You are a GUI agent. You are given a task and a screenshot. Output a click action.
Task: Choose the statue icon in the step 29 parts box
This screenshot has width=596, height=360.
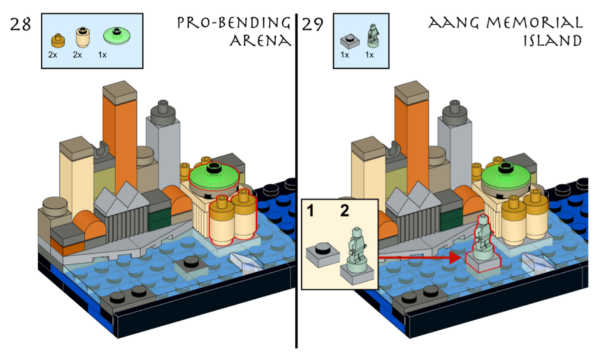372,35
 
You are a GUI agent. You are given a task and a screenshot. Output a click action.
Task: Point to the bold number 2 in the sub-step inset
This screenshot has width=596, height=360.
343,211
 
